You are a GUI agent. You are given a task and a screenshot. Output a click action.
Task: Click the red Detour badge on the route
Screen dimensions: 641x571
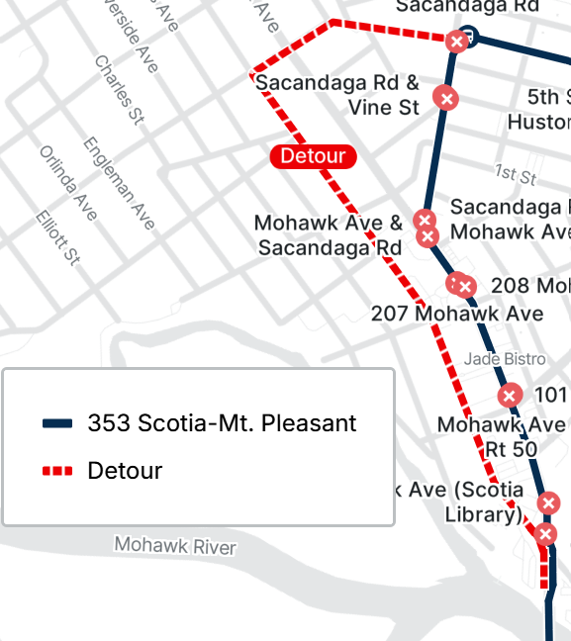[x=313, y=156]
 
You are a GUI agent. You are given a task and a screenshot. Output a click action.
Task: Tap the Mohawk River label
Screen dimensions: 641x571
[x=174, y=545]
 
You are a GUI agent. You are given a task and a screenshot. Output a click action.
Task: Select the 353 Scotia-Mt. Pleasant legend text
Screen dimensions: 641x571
[x=222, y=423]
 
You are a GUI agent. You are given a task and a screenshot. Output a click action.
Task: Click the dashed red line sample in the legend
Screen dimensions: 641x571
[x=58, y=471]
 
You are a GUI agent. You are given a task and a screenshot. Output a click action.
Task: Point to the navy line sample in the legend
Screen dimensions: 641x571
[x=58, y=423]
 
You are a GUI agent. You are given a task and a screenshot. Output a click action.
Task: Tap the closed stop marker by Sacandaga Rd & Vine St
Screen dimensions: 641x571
[x=446, y=98]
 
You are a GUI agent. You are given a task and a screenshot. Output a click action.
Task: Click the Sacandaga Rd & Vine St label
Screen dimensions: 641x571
[x=337, y=95]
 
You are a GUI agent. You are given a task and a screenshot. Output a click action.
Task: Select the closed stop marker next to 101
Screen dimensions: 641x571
[x=509, y=396]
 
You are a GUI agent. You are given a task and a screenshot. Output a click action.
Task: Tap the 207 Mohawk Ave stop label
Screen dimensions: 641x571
[x=456, y=314]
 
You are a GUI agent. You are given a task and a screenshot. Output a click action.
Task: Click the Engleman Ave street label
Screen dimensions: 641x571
[x=120, y=183]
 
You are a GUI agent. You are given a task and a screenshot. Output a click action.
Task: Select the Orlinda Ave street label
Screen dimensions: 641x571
[x=68, y=183]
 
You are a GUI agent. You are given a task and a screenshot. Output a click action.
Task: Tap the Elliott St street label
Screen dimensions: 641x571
[x=56, y=237]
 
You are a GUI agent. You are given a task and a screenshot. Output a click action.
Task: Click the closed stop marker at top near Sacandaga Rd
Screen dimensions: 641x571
[x=456, y=42]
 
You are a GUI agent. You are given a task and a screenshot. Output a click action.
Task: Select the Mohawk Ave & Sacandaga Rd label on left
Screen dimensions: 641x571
[x=329, y=234]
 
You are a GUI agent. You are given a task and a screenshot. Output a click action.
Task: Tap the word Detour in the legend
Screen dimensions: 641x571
[x=125, y=471]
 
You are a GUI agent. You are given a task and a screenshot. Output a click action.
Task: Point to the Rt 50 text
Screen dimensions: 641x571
[x=511, y=449]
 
